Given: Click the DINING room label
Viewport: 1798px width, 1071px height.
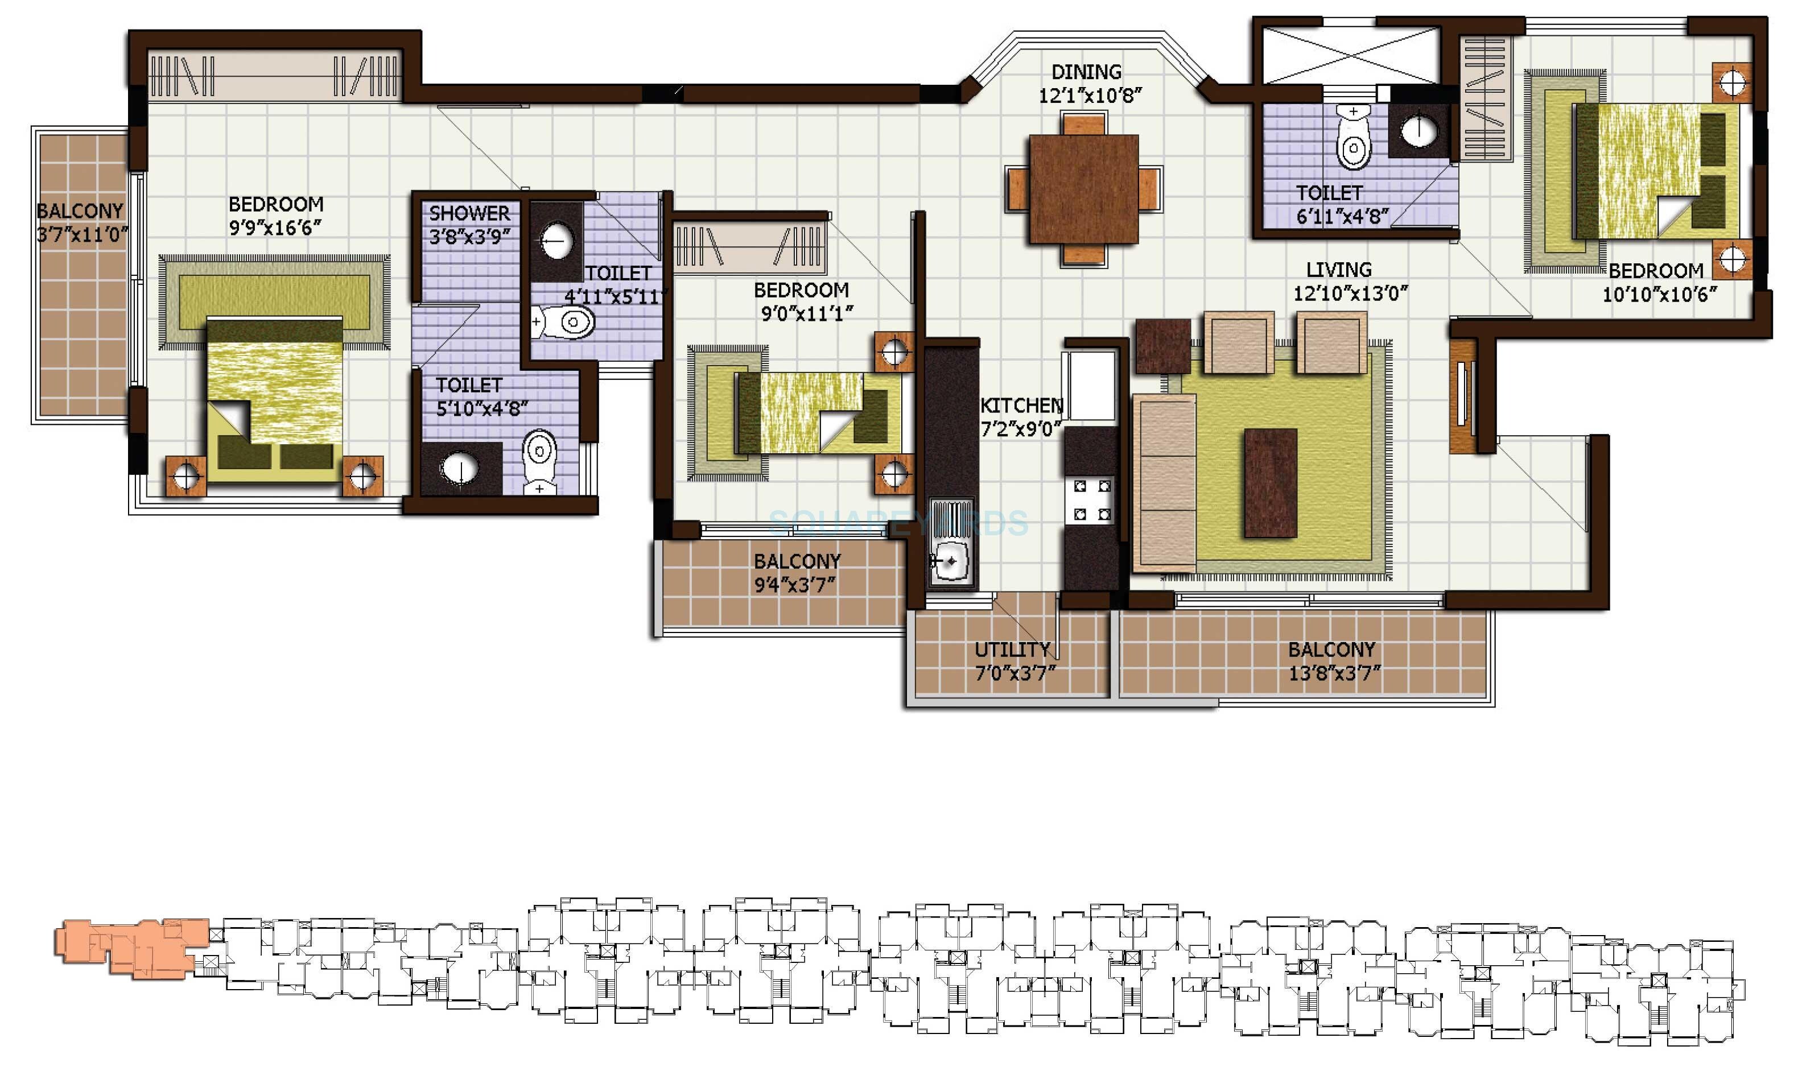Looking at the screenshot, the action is pyautogui.click(x=1086, y=72).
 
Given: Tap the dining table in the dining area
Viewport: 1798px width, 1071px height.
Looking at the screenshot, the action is pyautogui.click(x=1083, y=189).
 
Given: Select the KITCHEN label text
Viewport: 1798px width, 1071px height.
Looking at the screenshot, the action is pyautogui.click(x=1021, y=405).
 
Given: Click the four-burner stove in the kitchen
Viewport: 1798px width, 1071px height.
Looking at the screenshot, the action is pyautogui.click(x=1091, y=499).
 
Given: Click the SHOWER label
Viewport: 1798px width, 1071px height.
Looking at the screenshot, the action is pyautogui.click(x=469, y=214).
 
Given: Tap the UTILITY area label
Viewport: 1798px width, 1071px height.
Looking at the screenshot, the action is pyautogui.click(x=1012, y=650).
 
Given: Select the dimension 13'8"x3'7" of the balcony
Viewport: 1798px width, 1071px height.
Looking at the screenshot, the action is pyautogui.click(x=1334, y=673).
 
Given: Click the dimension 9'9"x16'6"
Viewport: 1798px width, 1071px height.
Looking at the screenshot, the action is pyautogui.click(x=275, y=228).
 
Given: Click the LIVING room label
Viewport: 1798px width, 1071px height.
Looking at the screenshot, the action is pyautogui.click(x=1338, y=270).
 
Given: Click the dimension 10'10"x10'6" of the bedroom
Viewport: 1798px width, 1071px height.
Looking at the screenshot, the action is pyautogui.click(x=1659, y=295).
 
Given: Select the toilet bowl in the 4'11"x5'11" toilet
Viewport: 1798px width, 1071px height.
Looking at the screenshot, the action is pyautogui.click(x=567, y=322).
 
